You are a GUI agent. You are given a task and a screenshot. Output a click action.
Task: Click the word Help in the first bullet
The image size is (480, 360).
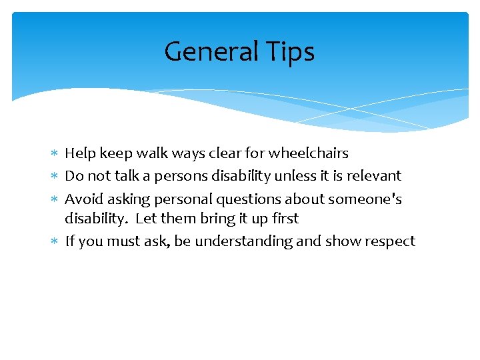[80, 153]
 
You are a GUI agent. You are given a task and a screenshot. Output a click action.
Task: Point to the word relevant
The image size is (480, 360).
[375, 176]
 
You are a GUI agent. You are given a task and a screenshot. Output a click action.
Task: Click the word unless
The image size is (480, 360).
[294, 176]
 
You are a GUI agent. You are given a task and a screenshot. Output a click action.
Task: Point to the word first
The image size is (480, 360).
[285, 219]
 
